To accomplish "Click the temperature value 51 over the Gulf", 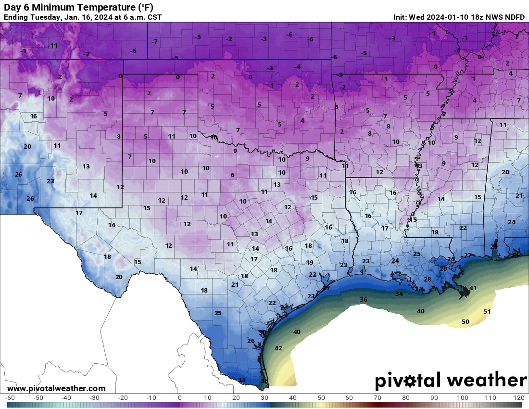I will pos(487,311).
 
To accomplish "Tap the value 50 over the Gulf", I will pos(465,322).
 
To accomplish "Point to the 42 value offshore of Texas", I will pos(278,348).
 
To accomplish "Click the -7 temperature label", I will pos(154,42).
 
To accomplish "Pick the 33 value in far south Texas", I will pos(242,380).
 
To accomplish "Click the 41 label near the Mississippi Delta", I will pos(473,288).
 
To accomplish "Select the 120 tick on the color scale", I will pos(519,398).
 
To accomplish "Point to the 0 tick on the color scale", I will pos(180,398).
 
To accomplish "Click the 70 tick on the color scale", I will pos(377,398).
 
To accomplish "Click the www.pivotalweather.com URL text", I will pos(56,388).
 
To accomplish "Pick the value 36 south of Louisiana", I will pos(363,299).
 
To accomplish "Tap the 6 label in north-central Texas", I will pos(233,175).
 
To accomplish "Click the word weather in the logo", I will pos(487,380).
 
